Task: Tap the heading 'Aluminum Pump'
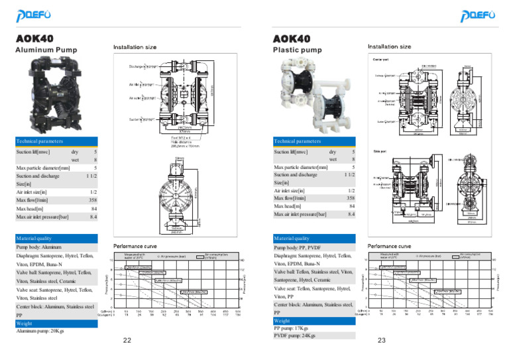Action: (46, 50)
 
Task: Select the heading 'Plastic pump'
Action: (298, 50)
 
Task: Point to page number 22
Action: (128, 341)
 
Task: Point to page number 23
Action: (382, 341)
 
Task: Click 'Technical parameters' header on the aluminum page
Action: (40, 141)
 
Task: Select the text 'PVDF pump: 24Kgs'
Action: (295, 335)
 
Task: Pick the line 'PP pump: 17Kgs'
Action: (292, 328)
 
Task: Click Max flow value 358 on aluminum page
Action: (93, 199)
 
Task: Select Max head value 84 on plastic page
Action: (352, 206)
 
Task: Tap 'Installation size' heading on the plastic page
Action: (389, 47)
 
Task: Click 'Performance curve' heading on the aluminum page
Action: (135, 245)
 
